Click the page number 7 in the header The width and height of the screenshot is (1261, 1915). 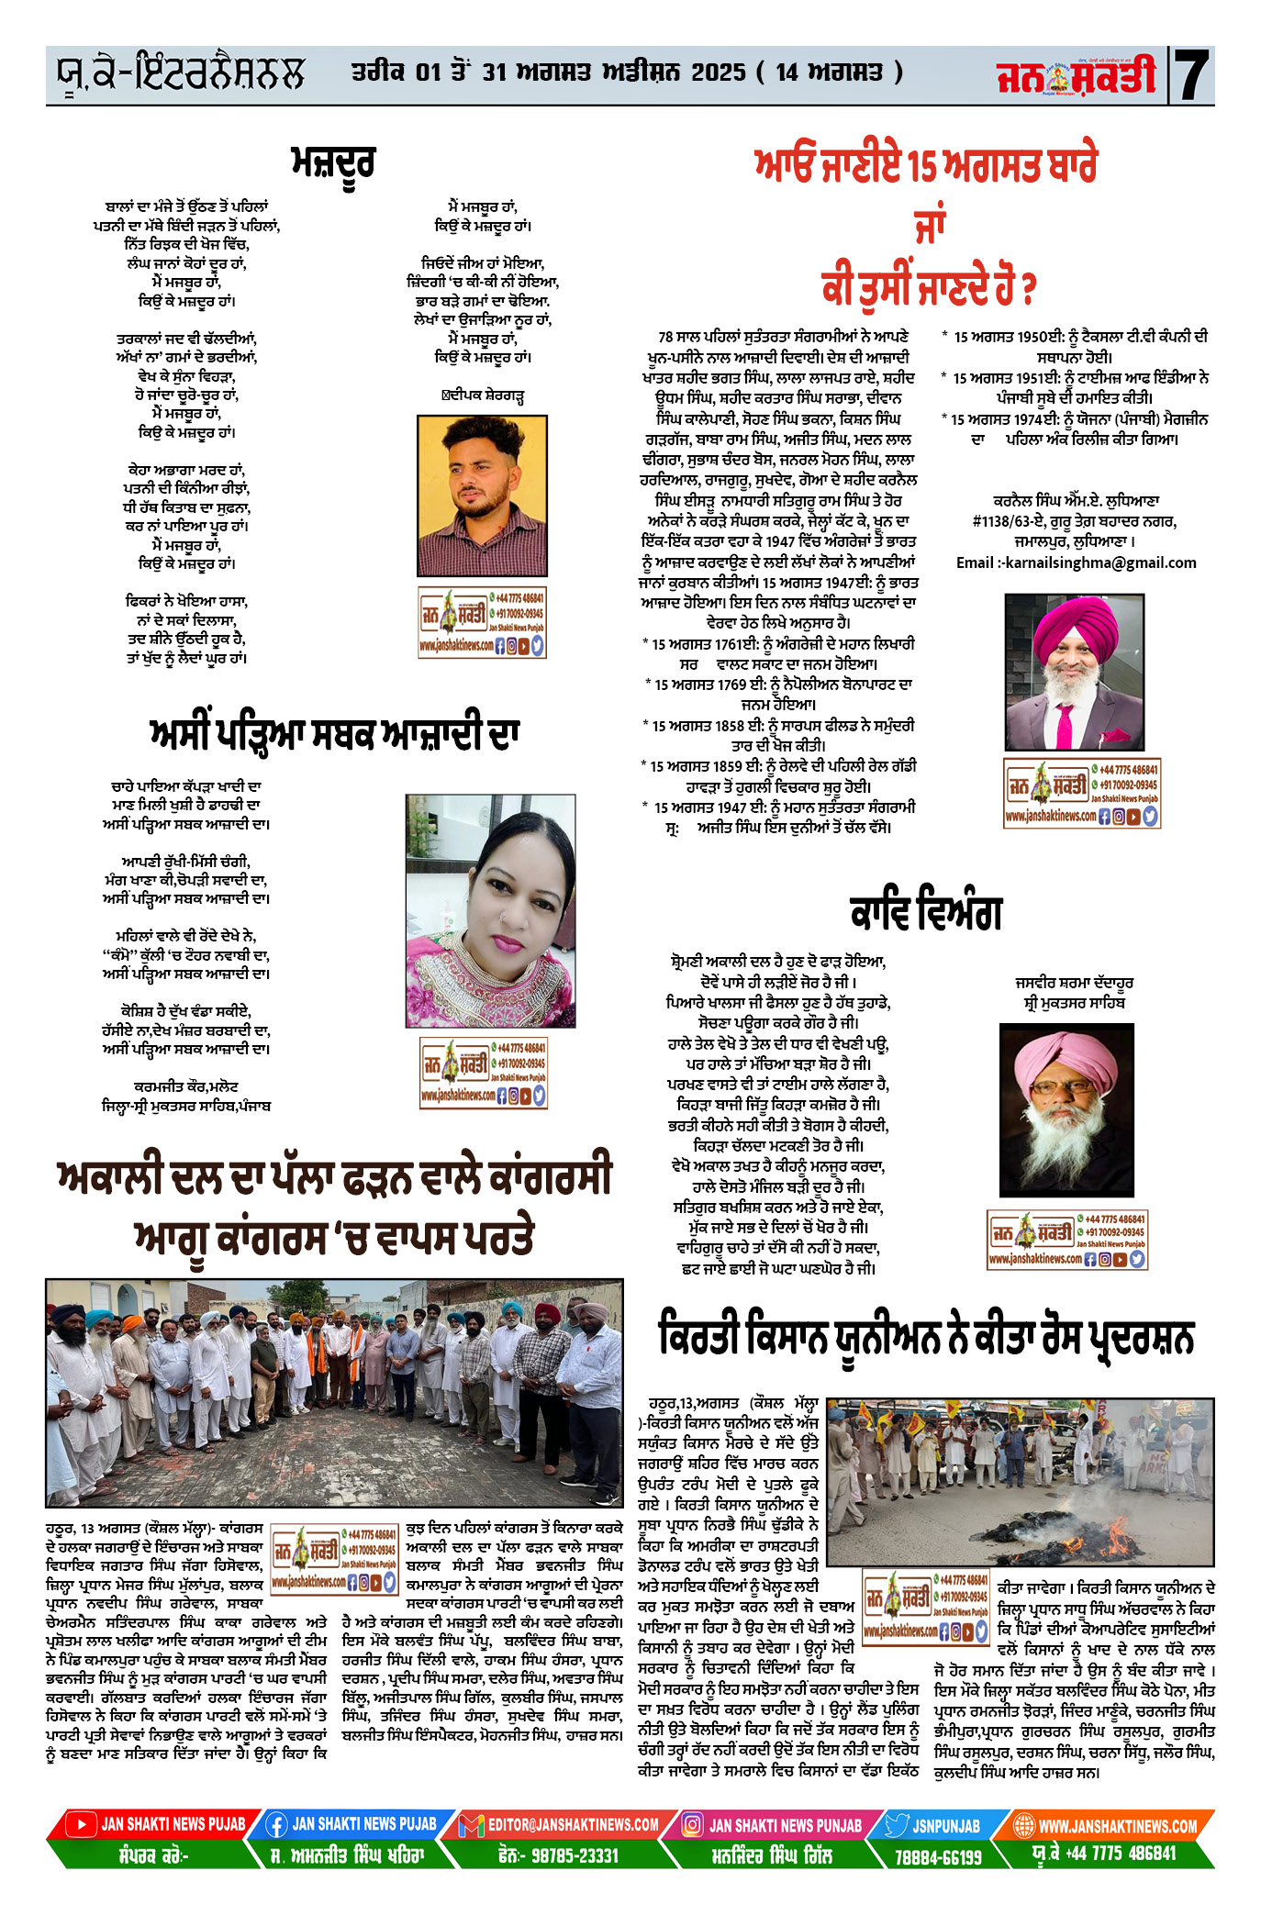(x=1192, y=74)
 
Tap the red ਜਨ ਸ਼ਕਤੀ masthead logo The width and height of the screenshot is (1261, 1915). (x=1076, y=76)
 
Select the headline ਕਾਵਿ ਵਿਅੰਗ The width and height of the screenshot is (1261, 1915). (x=925, y=911)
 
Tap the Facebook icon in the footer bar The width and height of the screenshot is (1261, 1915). (x=275, y=1825)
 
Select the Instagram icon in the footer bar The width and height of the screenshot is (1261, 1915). (x=693, y=1825)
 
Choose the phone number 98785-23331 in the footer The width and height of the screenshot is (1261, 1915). (x=558, y=1854)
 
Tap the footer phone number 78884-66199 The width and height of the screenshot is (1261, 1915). (x=937, y=1856)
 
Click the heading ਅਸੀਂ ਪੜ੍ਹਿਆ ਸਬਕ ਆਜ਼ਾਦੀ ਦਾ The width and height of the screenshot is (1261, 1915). (x=334, y=734)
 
